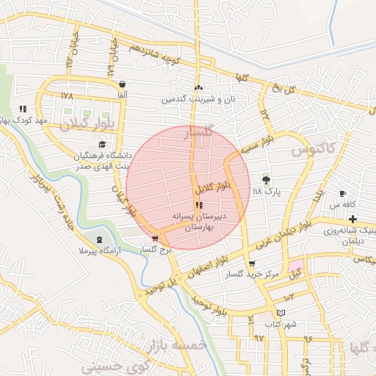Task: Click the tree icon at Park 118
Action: click(x=266, y=178)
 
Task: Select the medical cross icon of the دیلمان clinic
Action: click(x=353, y=219)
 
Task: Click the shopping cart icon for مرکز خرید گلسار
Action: click(x=253, y=263)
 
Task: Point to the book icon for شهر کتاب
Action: click(x=270, y=313)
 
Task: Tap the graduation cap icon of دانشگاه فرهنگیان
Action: click(x=101, y=144)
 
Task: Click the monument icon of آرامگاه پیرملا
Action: click(x=100, y=240)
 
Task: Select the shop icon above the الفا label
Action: click(x=121, y=84)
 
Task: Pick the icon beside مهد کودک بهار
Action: click(x=23, y=109)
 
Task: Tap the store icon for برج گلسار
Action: click(x=154, y=238)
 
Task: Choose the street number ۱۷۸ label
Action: click(x=68, y=95)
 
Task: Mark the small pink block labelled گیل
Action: click(x=295, y=267)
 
